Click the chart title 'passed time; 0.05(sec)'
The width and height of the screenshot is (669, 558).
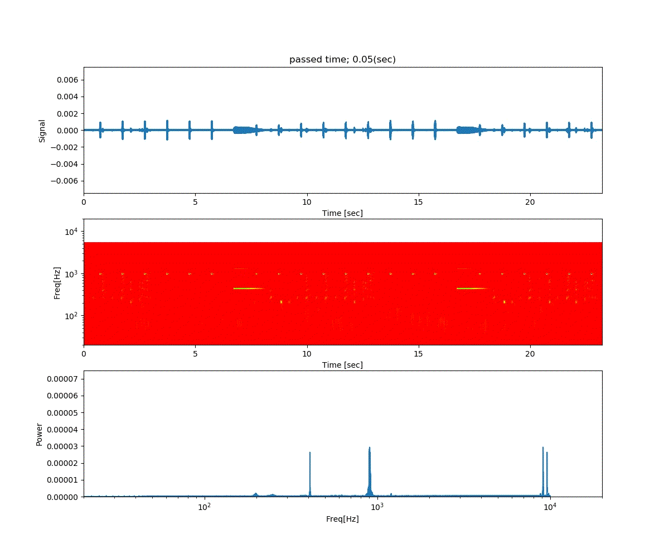coord(342,60)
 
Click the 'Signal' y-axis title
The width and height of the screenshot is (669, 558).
coord(42,130)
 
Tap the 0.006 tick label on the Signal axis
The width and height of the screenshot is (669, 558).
coord(68,80)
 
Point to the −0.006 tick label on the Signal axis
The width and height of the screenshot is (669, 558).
coord(66,181)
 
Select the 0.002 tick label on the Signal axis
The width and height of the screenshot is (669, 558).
coord(68,113)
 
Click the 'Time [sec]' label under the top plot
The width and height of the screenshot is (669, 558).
coord(342,213)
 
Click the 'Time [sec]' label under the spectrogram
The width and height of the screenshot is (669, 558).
coord(342,365)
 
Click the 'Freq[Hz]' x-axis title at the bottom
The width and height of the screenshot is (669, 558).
coord(342,519)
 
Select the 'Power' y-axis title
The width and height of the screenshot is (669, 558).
coord(40,433)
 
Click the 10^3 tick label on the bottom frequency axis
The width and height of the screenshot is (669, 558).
coord(377,507)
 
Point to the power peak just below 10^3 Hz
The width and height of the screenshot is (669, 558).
coord(369,449)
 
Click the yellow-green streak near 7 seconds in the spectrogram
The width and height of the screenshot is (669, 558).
coord(248,288)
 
